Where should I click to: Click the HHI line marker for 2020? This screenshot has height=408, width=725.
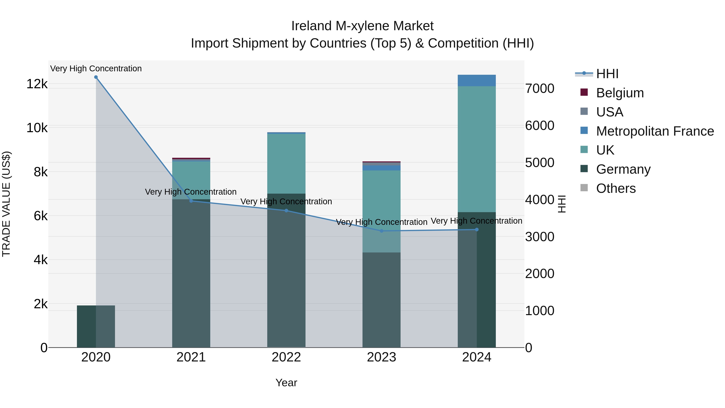pos(96,77)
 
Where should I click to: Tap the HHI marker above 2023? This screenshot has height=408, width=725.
pos(381,231)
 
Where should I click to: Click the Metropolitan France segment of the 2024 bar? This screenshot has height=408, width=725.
pos(476,81)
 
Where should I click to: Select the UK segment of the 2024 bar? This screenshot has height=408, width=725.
pos(476,149)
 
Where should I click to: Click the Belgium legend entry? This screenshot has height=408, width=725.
pos(619,93)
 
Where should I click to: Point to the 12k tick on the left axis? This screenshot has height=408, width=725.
pos(37,84)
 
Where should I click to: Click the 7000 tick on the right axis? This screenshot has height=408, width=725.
pos(540,88)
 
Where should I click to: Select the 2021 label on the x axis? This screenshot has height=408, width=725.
pos(191,357)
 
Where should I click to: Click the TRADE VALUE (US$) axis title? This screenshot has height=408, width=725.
pos(6,204)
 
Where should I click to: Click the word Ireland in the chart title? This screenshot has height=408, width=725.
pos(311,26)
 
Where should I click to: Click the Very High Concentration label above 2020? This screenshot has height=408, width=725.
pos(96,69)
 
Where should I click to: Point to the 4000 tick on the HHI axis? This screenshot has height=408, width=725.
pos(540,200)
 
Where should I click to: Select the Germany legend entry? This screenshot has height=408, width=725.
pos(623,169)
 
